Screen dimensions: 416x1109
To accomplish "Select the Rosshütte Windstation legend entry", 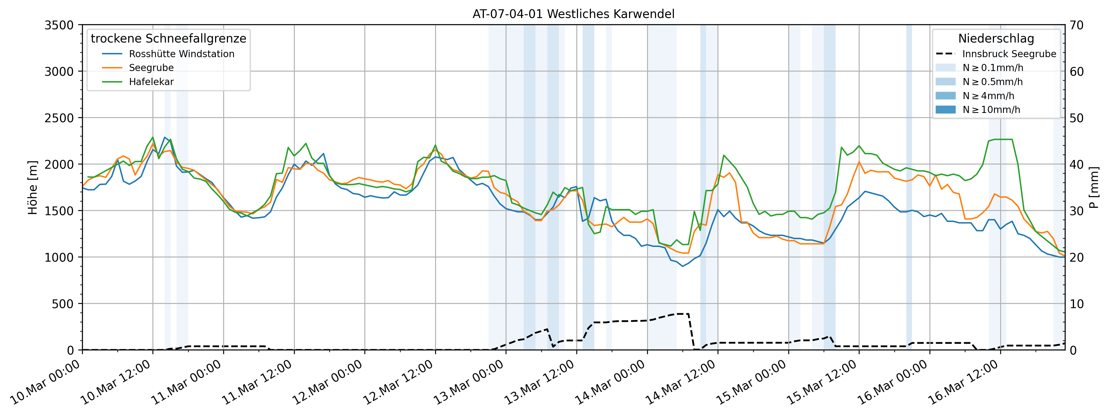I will [x=181, y=54].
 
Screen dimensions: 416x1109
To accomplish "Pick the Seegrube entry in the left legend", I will [x=151, y=68].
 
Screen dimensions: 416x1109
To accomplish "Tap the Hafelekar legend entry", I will [x=151, y=82].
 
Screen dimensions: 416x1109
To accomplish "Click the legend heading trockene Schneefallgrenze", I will [x=168, y=38].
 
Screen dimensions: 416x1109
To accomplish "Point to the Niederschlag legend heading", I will [x=996, y=38].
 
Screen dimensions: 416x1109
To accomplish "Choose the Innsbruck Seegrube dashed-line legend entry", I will [x=1009, y=54].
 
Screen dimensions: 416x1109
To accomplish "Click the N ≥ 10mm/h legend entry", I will [x=991, y=110].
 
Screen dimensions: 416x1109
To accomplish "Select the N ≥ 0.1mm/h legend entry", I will [x=992, y=68].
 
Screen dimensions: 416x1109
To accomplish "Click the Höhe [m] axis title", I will [x=33, y=188].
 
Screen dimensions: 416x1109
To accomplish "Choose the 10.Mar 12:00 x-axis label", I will [x=115, y=382].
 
